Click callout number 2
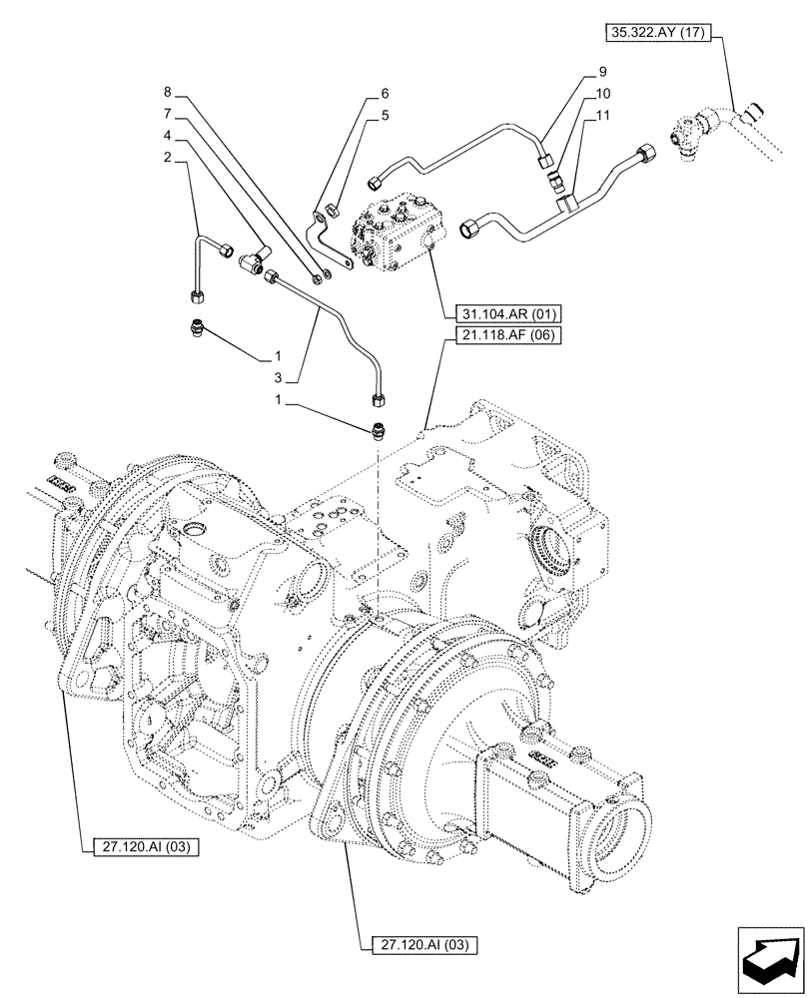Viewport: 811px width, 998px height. pyautogui.click(x=167, y=158)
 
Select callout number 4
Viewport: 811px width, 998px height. pyautogui.click(x=167, y=135)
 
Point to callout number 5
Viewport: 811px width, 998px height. pyautogui.click(x=384, y=115)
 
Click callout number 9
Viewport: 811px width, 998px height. pyautogui.click(x=602, y=72)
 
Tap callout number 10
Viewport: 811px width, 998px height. pyautogui.click(x=602, y=93)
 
